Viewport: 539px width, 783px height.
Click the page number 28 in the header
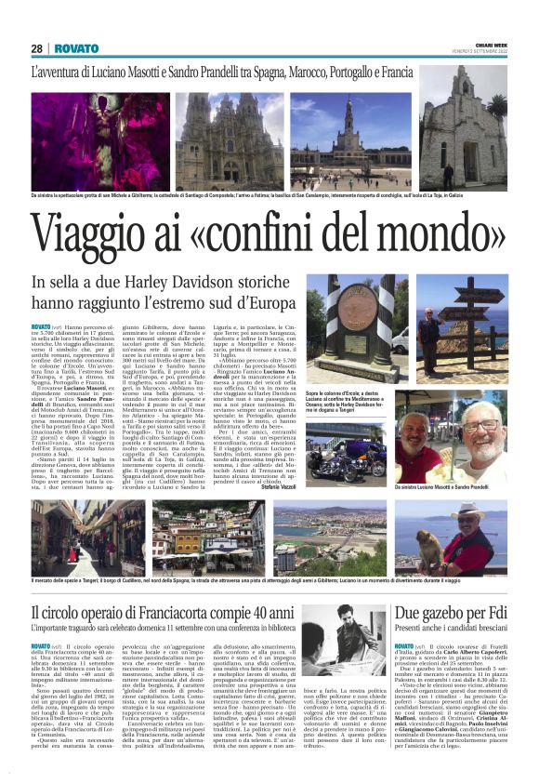(38, 49)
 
